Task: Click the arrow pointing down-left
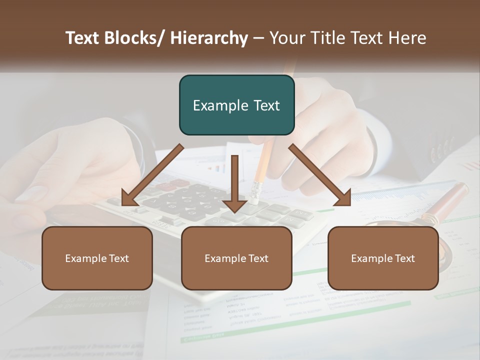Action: pyautogui.click(x=152, y=175)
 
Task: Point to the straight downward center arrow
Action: pyautogui.click(x=234, y=180)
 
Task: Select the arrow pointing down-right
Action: pyautogui.click(x=320, y=175)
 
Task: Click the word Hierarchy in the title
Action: pyautogui.click(x=209, y=38)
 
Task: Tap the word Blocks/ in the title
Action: pyautogui.click(x=135, y=38)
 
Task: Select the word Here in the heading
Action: pyautogui.click(x=407, y=38)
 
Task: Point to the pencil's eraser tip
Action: pyautogui.click(x=255, y=192)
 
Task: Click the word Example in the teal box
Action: pyautogui.click(x=220, y=105)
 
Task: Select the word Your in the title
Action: pyautogui.click(x=286, y=38)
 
